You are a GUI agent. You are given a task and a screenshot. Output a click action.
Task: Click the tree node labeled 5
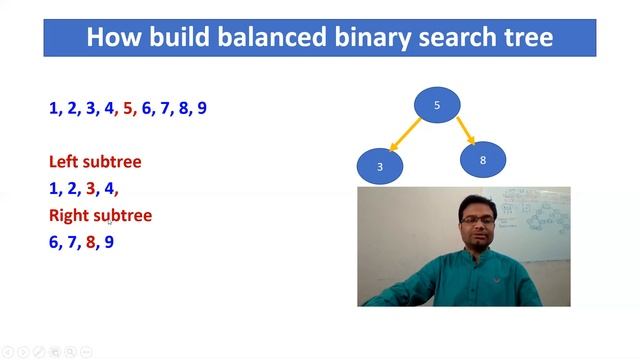point(437,105)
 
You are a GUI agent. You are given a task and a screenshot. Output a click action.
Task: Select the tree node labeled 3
point(380,166)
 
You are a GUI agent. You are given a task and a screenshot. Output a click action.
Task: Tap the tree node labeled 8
point(483,159)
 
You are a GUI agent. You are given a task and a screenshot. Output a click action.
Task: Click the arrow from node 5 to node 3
point(405,135)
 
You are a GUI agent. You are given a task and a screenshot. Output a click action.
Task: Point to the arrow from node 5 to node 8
point(465,131)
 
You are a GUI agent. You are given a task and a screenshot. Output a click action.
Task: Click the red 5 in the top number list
point(127,108)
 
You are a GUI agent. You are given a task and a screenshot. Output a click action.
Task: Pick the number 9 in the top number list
point(202,108)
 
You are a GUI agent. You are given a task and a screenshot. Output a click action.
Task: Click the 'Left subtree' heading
point(95,161)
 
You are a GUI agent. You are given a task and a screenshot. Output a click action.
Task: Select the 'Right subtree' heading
point(100,215)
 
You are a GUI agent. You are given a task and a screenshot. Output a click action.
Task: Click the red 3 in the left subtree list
point(91,188)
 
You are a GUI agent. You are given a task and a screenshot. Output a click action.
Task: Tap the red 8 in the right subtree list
point(91,242)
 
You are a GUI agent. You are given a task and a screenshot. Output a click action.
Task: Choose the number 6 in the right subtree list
point(54,242)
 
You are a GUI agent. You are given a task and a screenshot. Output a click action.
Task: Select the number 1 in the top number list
point(54,108)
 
